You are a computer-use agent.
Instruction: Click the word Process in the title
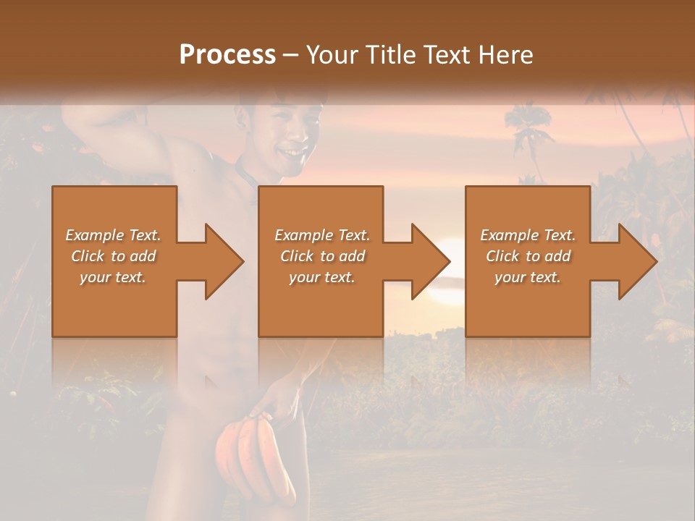(227, 55)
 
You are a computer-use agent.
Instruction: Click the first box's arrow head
(223, 261)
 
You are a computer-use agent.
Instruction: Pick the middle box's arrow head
(430, 261)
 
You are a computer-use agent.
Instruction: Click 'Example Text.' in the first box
(113, 235)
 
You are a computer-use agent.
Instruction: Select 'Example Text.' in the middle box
(322, 235)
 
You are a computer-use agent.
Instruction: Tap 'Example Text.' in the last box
(528, 235)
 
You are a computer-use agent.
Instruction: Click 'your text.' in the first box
(113, 277)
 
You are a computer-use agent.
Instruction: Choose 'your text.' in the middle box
(322, 277)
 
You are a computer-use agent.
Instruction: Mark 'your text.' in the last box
(528, 277)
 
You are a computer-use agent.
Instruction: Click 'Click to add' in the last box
(528, 256)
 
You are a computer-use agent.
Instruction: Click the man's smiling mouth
(293, 153)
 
